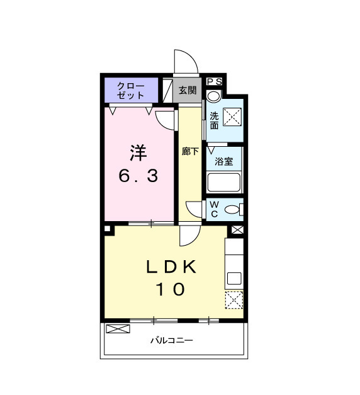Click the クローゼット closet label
[x=131, y=91]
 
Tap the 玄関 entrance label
[x=187, y=90]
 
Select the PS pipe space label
[x=214, y=81]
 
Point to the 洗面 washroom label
[x=215, y=120]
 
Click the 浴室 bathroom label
[x=224, y=161]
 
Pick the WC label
[x=214, y=209]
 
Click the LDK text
[x=172, y=267]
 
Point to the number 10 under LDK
[x=171, y=290]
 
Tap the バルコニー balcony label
[x=171, y=341]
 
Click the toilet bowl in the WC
[x=233, y=210]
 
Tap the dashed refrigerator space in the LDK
[x=234, y=301]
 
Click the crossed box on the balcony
[x=117, y=329]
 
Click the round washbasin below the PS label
[x=214, y=96]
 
